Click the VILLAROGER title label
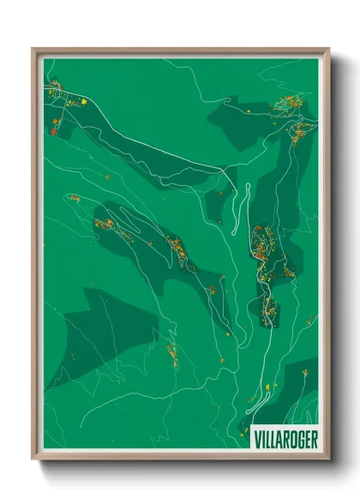[x=286, y=438]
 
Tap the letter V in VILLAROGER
[x=259, y=438]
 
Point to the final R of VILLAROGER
[x=314, y=438]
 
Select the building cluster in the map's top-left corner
[x=55, y=87]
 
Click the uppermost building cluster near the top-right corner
[x=288, y=105]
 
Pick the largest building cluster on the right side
[x=262, y=243]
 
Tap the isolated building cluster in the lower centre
[x=172, y=353]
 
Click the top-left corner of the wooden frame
[x=33, y=50]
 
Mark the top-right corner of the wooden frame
[x=328, y=50]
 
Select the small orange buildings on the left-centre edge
[x=75, y=199]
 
